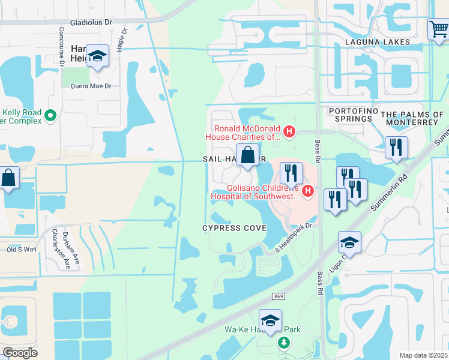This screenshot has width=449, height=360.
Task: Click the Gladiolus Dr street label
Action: point(91,22)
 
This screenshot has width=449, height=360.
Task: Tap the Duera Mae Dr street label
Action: point(92,86)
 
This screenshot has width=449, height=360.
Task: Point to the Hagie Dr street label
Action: point(122,40)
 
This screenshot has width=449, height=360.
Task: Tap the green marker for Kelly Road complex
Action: point(50,114)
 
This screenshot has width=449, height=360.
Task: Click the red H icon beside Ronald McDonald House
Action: point(289,131)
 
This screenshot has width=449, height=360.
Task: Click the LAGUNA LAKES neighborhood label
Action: point(378,42)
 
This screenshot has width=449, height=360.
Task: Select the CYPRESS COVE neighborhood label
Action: point(234,228)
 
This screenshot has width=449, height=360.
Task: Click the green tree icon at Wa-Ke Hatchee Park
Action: point(283,343)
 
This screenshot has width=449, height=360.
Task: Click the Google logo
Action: point(20,352)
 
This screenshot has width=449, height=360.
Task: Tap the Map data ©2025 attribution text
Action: point(423,355)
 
